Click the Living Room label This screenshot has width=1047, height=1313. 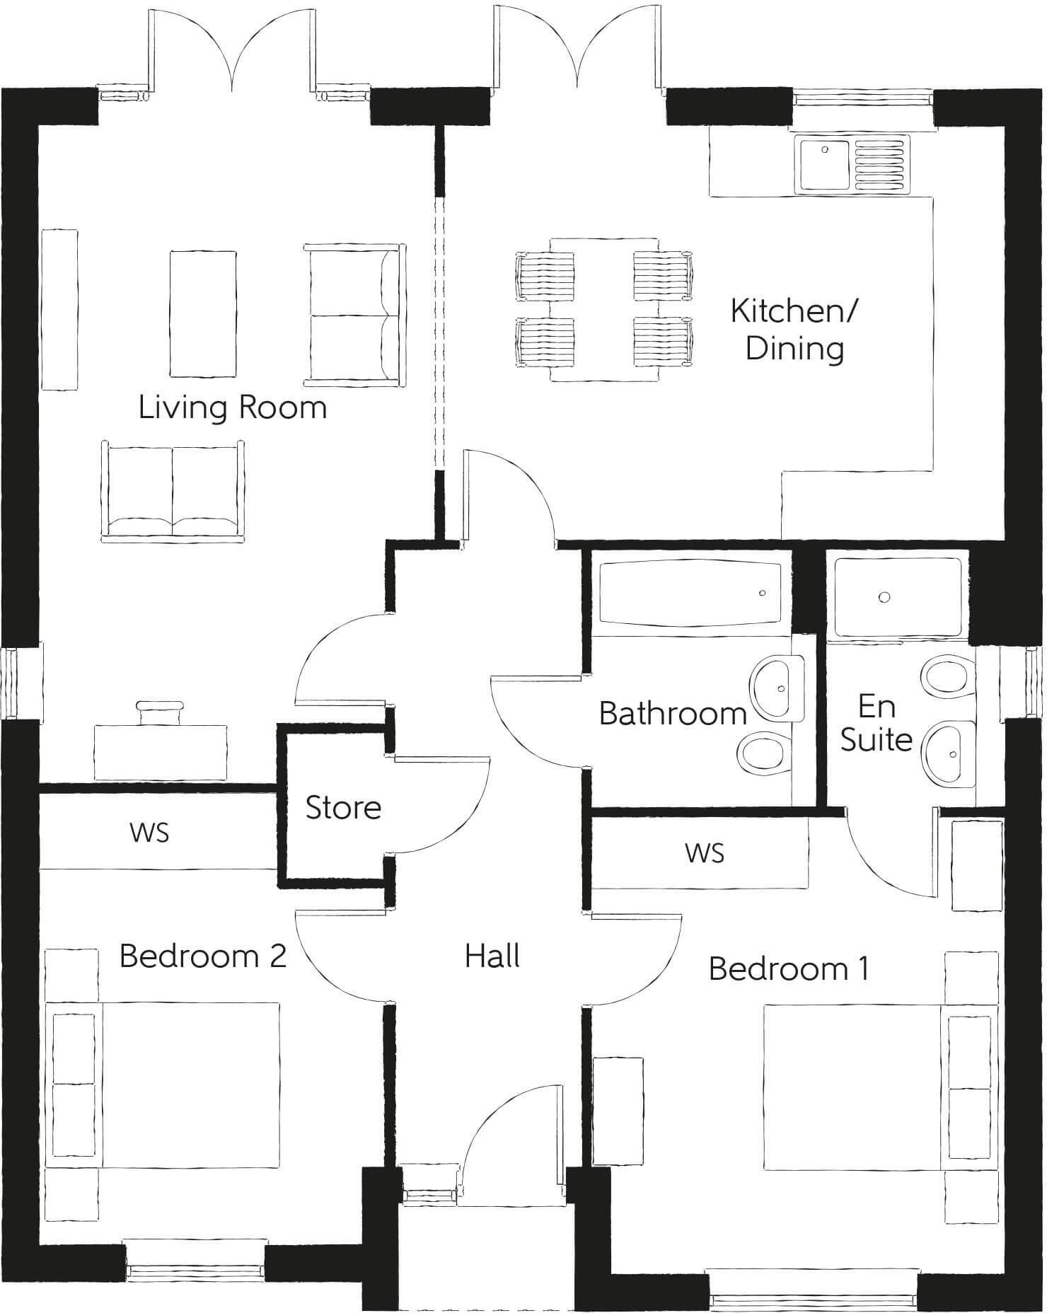point(232,408)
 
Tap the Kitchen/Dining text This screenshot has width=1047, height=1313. point(794,330)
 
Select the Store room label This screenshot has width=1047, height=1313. point(343,807)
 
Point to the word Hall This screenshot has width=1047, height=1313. point(492,956)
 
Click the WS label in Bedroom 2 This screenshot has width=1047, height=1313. point(149,833)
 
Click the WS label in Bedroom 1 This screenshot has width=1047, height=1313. point(705,853)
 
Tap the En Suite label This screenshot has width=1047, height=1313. point(876,723)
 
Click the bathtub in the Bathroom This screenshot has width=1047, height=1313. point(690,593)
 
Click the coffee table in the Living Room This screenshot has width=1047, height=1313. point(202,313)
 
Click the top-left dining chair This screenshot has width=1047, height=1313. point(545,276)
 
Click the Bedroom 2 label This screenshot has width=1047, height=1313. point(202,956)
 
